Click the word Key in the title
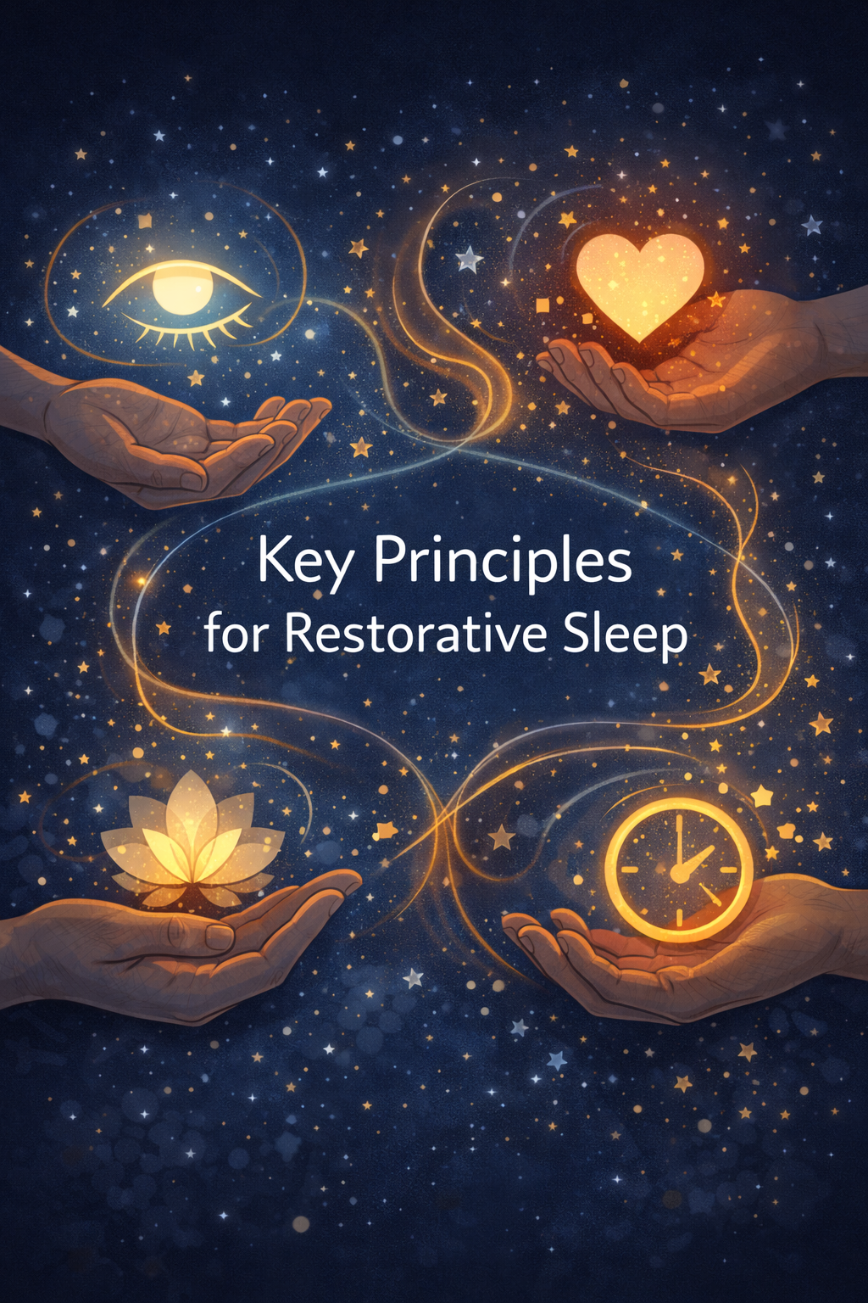click(x=303, y=562)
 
